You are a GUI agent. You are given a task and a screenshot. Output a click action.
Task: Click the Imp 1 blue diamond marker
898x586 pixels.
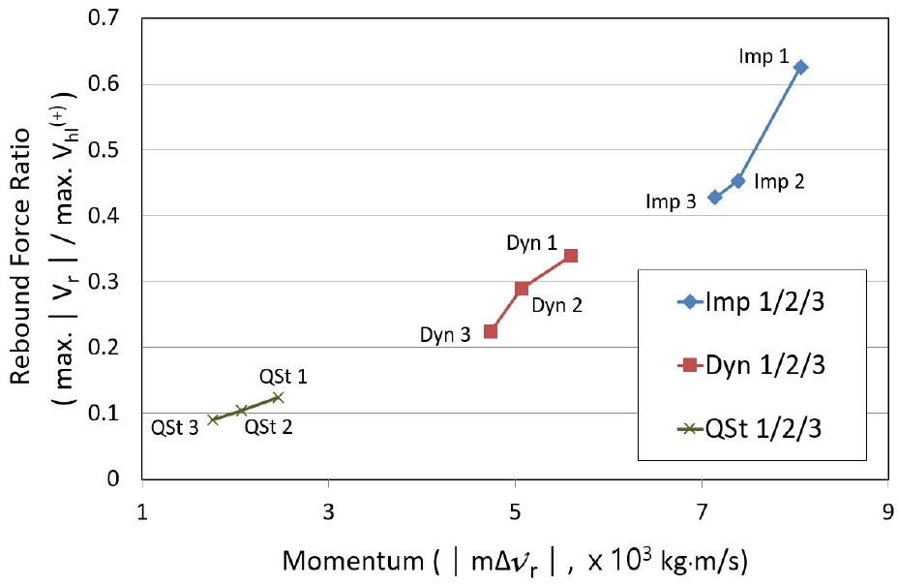(x=800, y=67)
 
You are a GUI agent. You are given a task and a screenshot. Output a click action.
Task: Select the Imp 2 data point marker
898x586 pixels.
(x=738, y=181)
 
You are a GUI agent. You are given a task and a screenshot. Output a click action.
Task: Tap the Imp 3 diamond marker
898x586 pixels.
(x=715, y=197)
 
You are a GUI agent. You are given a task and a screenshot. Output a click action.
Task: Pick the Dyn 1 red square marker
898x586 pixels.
(x=571, y=256)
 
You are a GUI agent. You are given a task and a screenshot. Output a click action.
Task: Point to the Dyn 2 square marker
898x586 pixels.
(x=523, y=288)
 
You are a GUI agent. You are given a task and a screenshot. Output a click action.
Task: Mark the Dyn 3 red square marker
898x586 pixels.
(x=491, y=331)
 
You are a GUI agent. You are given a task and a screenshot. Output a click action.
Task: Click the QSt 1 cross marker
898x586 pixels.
(x=278, y=397)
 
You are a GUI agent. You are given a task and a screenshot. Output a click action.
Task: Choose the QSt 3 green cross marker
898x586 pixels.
(x=213, y=419)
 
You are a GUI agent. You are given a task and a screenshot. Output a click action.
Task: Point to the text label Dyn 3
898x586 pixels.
(x=445, y=336)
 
